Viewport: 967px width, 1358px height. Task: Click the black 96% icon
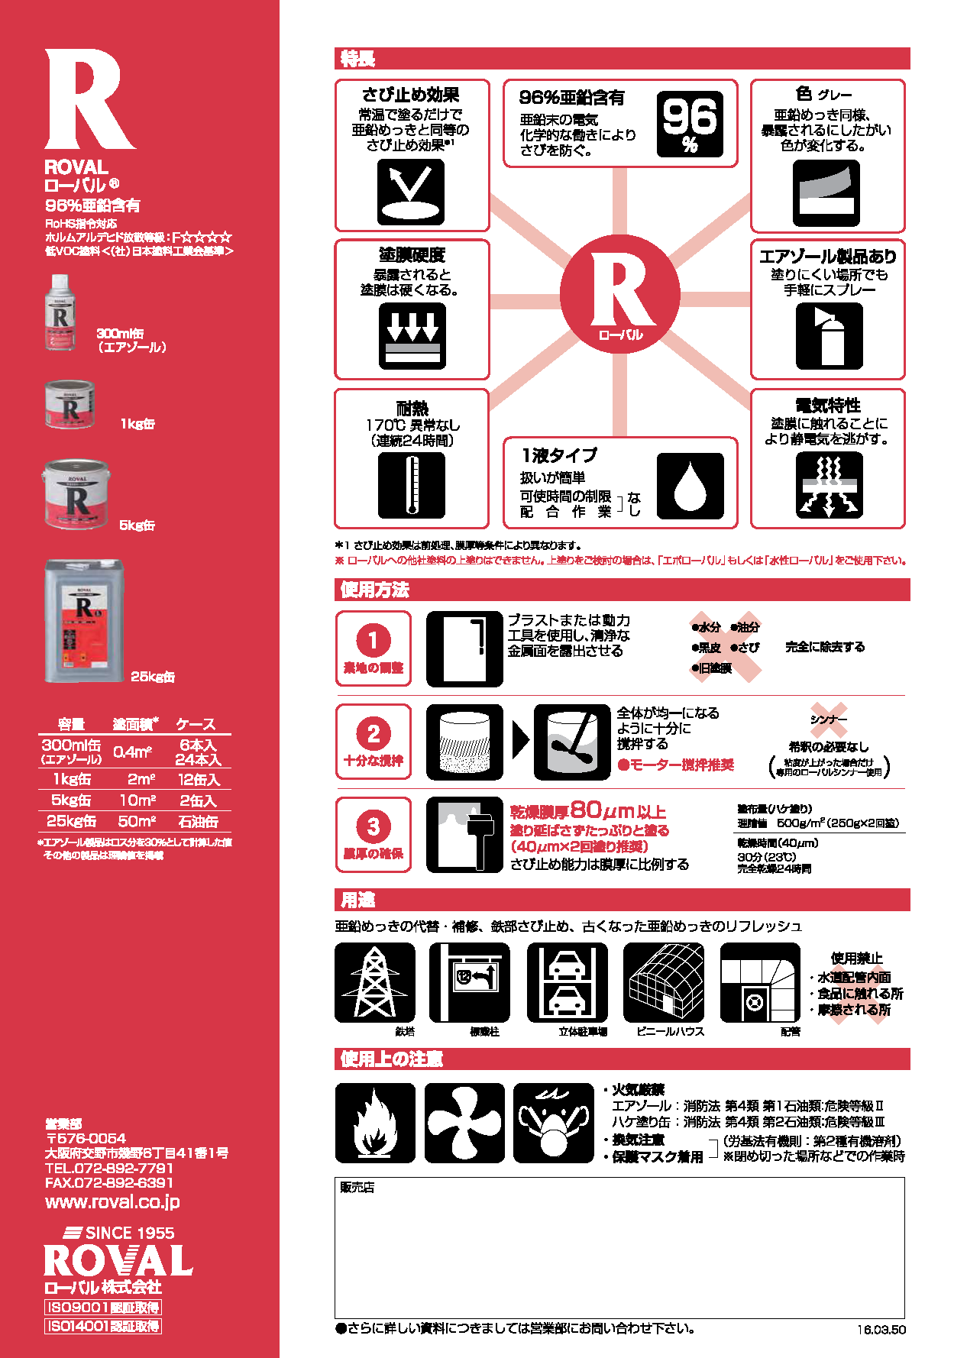coord(690,124)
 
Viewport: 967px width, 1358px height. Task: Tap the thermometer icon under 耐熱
coord(411,485)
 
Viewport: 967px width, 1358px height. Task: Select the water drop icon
coord(690,487)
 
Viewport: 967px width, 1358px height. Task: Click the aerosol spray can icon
coord(829,336)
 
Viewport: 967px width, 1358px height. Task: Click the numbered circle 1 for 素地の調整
coord(373,640)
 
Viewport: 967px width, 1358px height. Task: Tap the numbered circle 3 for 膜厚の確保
coord(373,826)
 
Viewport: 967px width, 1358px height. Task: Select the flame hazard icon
coord(374,1123)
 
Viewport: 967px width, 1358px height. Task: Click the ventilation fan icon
coord(464,1123)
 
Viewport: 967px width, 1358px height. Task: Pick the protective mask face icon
coord(553,1123)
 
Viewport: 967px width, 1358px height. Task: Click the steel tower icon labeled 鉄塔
coord(374,983)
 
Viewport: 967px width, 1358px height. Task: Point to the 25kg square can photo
coord(84,621)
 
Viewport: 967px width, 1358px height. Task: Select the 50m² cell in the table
coord(137,821)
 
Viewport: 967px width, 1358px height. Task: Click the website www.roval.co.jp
coord(112,1201)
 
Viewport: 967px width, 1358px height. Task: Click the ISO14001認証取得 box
coord(103,1326)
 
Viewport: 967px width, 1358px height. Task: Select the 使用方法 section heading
coord(374,590)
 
